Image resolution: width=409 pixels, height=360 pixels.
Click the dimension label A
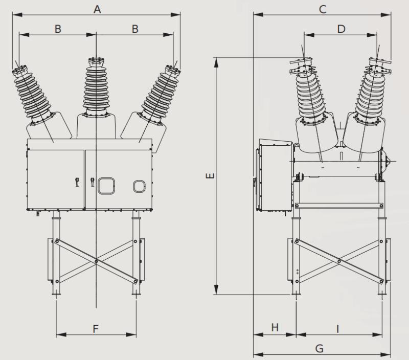pos(97,8)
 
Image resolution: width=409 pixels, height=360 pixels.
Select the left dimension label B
pos(58,29)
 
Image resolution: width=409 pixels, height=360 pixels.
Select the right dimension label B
pos(135,29)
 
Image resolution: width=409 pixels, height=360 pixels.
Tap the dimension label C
pos(322,9)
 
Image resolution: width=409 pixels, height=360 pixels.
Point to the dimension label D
pos(341,29)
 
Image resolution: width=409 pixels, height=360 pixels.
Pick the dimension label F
pos(96,329)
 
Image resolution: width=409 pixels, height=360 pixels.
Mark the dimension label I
pos(338,329)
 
